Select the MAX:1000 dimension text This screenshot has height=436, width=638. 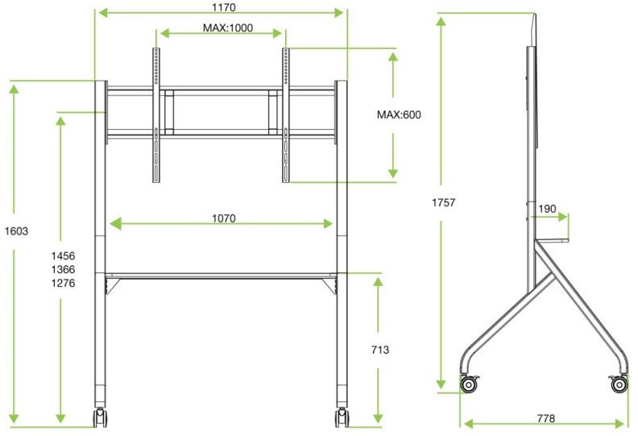pos(228,27)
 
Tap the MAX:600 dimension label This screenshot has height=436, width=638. pos(399,115)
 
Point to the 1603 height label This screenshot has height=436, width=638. pos(16,231)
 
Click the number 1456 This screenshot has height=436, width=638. pos(63,254)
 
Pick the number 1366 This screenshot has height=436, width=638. pos(63,268)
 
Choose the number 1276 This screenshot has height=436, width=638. pos(63,283)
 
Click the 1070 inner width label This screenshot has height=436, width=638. pos(223,218)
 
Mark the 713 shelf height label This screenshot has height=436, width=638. pos(380,351)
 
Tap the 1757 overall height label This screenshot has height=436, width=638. pos(443,203)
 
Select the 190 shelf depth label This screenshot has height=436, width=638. pos(547,210)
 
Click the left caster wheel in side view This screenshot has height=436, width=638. pos(469,384)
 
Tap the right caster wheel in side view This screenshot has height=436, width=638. pos(619,384)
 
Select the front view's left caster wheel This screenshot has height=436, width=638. pos(101,418)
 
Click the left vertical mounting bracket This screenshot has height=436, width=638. pos(156,114)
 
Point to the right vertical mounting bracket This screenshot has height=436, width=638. pos(285,114)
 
